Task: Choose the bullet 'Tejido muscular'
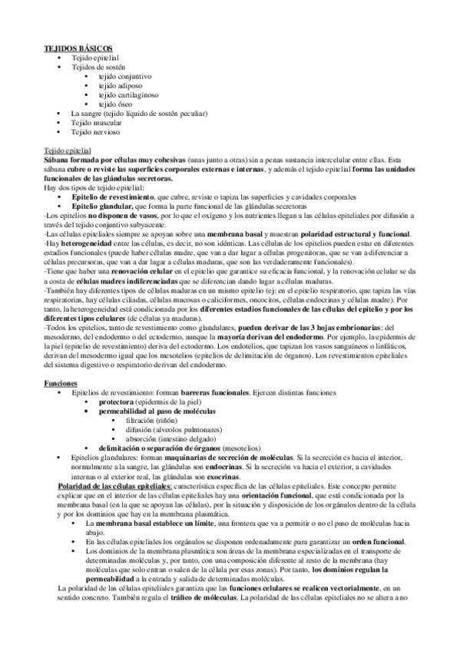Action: coord(96,123)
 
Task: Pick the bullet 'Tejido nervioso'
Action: coord(95,132)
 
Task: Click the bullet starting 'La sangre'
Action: coord(139,114)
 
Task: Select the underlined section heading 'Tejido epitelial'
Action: coord(67,150)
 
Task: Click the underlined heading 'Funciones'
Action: coord(60,382)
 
